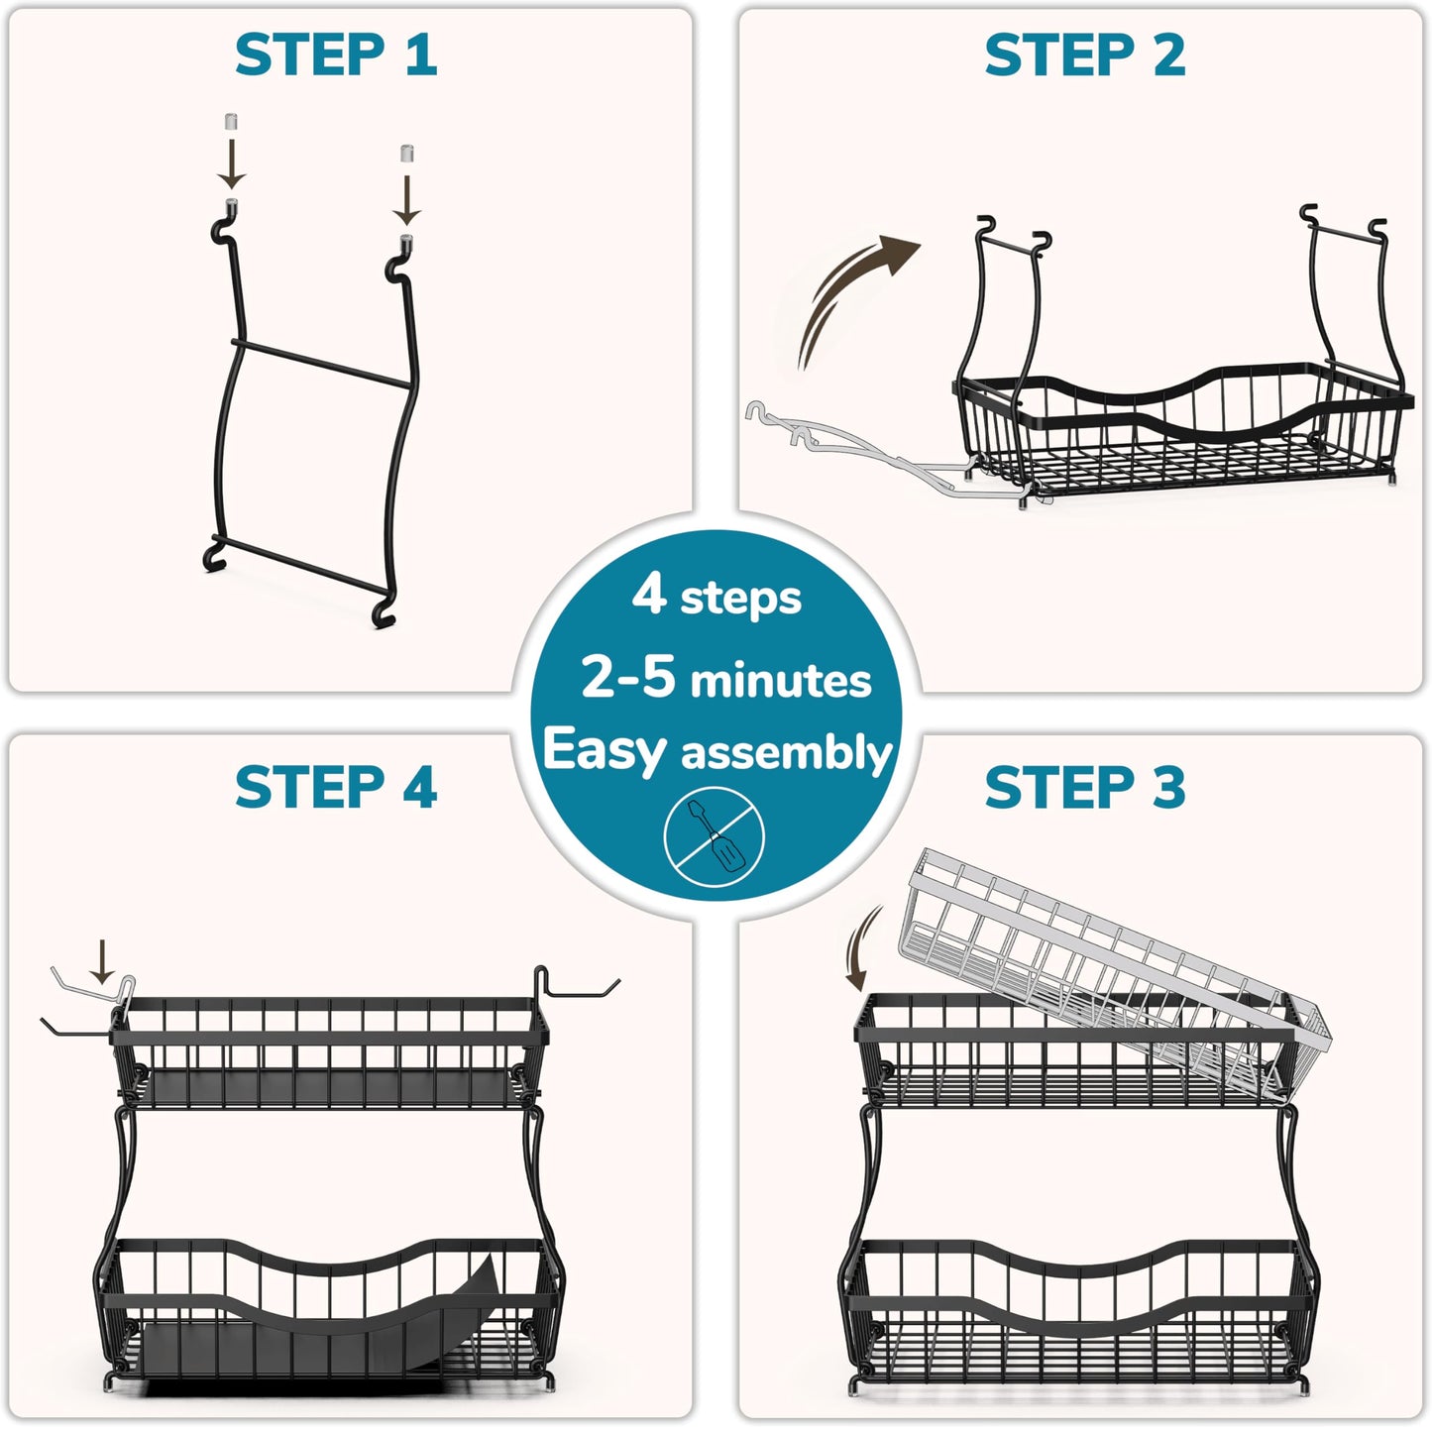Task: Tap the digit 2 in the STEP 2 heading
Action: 1169,55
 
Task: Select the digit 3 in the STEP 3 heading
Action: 1169,787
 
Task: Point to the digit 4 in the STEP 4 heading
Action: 420,787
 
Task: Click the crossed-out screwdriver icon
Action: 715,836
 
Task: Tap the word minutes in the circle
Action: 780,681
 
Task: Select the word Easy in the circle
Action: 605,750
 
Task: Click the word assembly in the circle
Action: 786,753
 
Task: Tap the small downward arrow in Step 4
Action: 102,961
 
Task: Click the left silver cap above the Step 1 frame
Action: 231,121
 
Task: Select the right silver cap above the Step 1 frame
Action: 406,153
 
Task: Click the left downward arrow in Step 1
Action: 231,164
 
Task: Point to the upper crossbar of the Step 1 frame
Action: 321,363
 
